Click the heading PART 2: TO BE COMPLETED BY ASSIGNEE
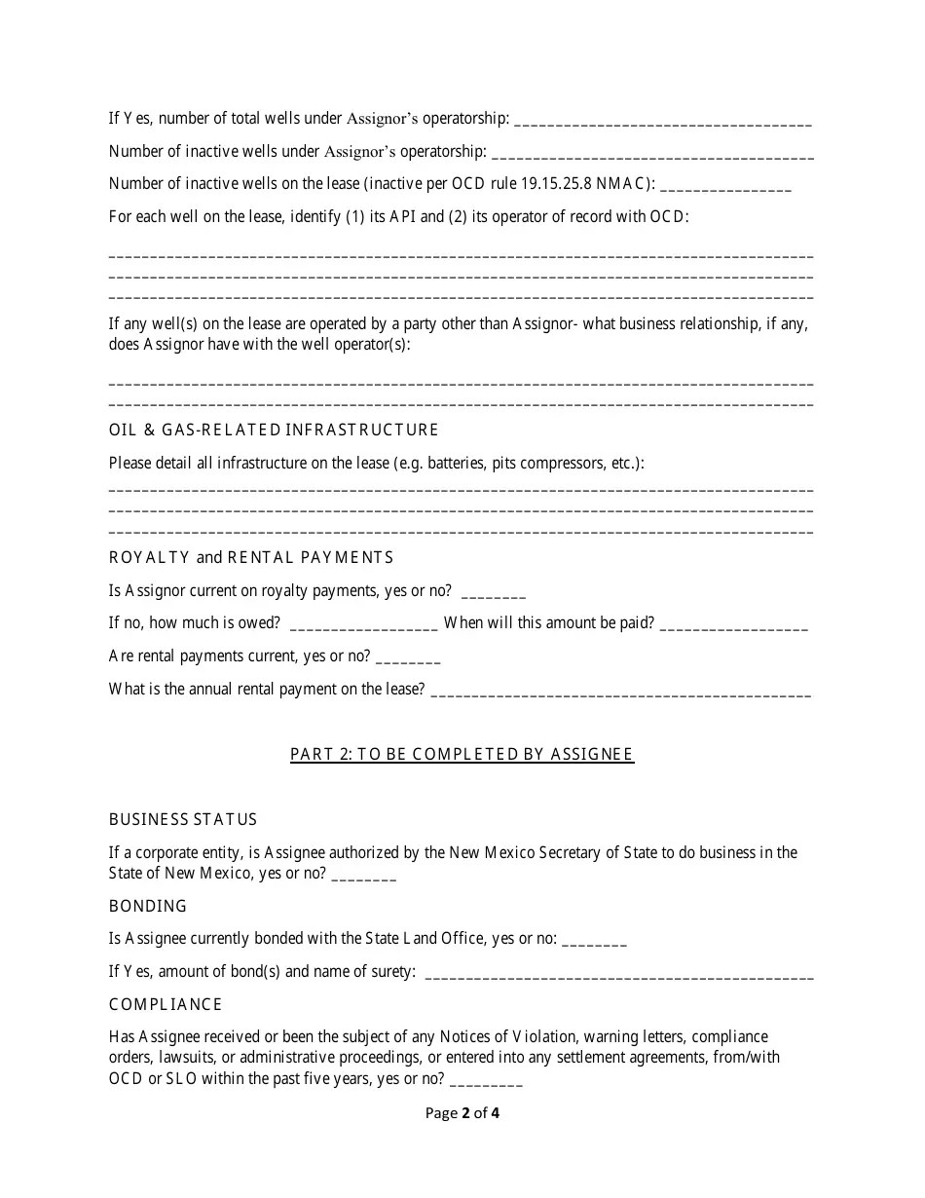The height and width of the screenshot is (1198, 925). (x=462, y=754)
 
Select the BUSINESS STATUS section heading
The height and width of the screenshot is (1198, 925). (x=183, y=819)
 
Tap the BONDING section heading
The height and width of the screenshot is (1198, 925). (x=148, y=906)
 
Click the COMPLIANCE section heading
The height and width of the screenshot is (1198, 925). (x=166, y=1004)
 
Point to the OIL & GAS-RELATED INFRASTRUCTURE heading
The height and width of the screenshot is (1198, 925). (x=274, y=430)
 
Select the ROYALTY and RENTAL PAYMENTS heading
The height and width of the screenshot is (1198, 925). (x=251, y=557)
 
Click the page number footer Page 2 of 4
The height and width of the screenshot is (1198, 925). (x=462, y=1112)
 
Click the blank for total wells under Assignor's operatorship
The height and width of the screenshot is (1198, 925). (x=662, y=123)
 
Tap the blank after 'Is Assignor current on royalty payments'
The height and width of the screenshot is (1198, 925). (x=493, y=595)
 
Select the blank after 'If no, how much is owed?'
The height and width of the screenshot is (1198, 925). (x=363, y=627)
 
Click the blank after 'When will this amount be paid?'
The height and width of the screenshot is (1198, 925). (x=734, y=627)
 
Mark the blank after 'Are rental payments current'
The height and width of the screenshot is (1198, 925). (x=408, y=660)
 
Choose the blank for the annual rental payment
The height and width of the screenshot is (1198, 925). (x=620, y=693)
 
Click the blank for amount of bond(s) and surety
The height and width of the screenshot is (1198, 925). (x=619, y=976)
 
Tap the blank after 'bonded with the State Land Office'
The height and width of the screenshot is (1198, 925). (x=595, y=943)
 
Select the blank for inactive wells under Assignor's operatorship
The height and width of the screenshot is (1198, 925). (x=653, y=156)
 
